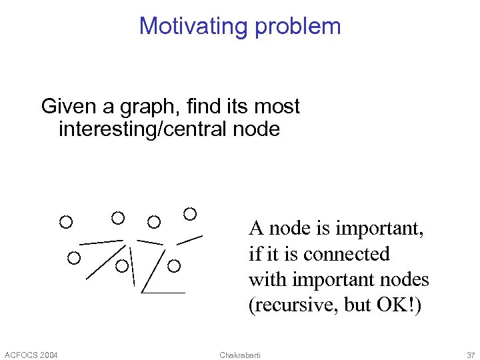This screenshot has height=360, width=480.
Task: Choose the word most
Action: [x=278, y=106]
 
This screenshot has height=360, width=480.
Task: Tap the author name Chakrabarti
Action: [x=240, y=354]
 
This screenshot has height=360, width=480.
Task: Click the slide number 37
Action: [x=471, y=354]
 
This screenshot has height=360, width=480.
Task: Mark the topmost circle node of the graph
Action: [x=190, y=213]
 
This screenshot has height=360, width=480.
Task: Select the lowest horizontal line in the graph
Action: [x=163, y=293]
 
